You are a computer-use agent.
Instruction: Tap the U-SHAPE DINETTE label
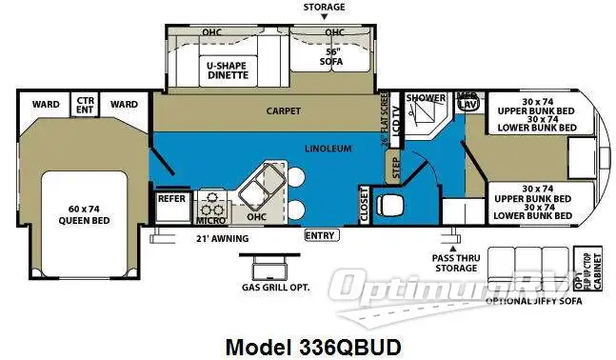(228, 70)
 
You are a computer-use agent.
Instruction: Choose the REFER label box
(171, 199)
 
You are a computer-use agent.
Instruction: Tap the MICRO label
(210, 220)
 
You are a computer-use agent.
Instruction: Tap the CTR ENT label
(86, 103)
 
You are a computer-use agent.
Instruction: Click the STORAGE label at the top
(324, 7)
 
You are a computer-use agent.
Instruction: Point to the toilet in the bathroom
(391, 203)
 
